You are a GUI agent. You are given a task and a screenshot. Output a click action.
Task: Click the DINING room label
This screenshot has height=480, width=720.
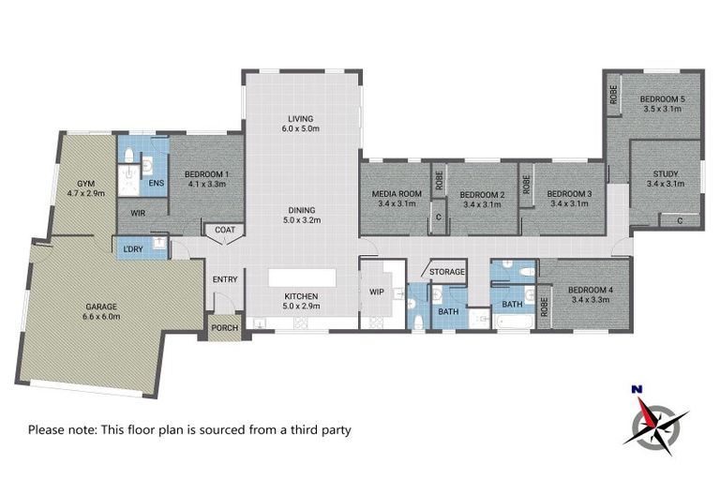click(x=302, y=216)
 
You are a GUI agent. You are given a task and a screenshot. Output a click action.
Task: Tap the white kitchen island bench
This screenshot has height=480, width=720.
click(x=302, y=278)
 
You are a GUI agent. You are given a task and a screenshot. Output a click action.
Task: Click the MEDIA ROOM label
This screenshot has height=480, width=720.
click(x=397, y=198)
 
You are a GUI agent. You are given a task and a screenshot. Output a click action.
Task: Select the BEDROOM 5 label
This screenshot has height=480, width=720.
click(x=662, y=103)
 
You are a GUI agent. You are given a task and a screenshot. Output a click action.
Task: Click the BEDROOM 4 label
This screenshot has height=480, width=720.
click(x=591, y=295)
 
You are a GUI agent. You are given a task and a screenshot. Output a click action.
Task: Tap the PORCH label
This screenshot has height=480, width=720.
click(x=224, y=328)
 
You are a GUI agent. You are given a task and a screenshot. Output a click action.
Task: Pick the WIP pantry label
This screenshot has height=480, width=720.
click(x=377, y=292)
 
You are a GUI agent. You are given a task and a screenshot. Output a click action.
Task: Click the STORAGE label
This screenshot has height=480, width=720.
click(x=446, y=272)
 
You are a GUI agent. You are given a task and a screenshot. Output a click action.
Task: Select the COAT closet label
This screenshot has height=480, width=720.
click(x=225, y=230)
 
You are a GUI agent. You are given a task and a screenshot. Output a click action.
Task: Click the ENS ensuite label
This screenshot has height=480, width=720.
click(x=157, y=183)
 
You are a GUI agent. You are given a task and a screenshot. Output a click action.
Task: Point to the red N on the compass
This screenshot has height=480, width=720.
click(x=636, y=388)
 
